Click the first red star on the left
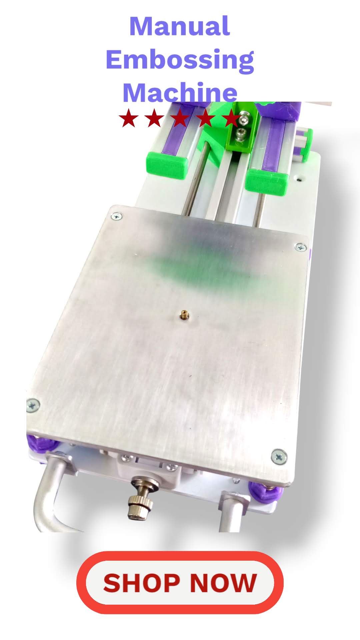click(x=129, y=118)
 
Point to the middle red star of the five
click(x=180, y=118)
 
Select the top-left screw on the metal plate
click(x=116, y=217)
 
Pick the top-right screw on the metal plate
click(x=301, y=247)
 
